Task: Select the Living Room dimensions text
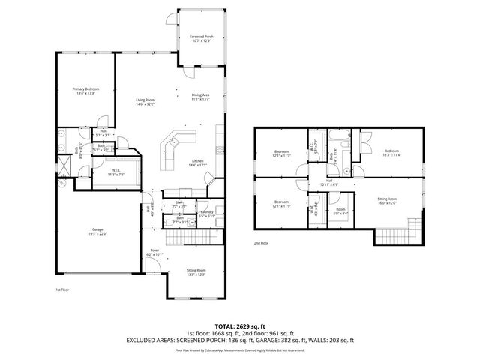[145, 104]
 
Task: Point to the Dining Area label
[200, 94]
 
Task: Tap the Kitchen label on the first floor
[196, 161]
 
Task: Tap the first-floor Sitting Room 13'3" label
[196, 271]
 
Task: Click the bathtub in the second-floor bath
[345, 142]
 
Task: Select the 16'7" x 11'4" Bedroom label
[391, 151]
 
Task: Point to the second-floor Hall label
[329, 181]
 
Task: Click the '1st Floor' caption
[62, 289]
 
